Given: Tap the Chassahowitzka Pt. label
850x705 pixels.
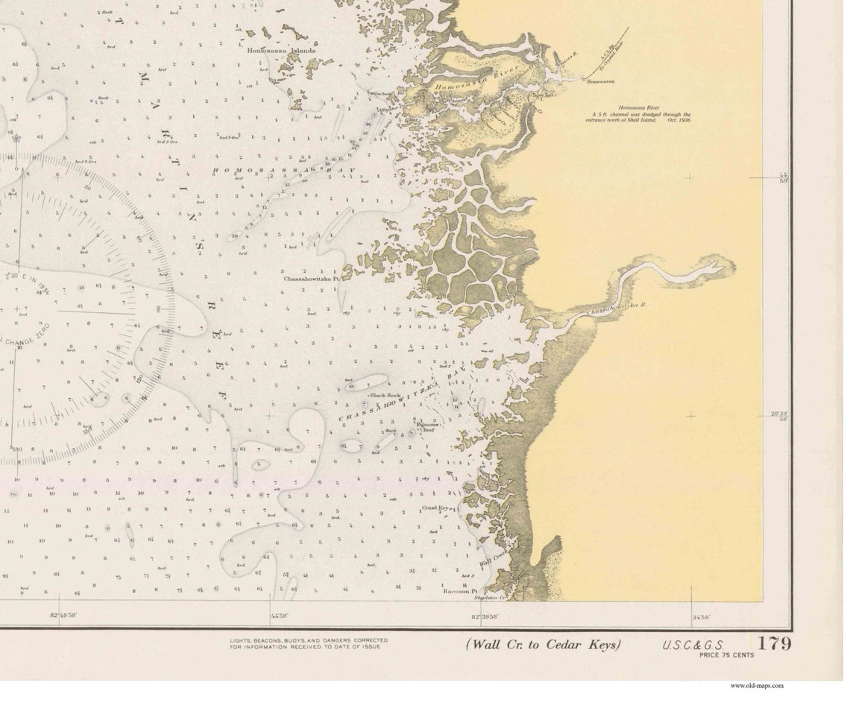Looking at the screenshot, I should (311, 279).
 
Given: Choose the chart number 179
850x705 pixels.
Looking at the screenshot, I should (775, 643).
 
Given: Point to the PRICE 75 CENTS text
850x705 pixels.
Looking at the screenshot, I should (726, 655).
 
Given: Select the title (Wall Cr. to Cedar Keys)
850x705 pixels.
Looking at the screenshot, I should (544, 645).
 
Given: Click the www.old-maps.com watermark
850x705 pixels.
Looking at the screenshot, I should (757, 686).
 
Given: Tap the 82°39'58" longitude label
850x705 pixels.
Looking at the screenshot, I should (485, 616).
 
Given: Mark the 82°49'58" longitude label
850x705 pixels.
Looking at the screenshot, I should (64, 616).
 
